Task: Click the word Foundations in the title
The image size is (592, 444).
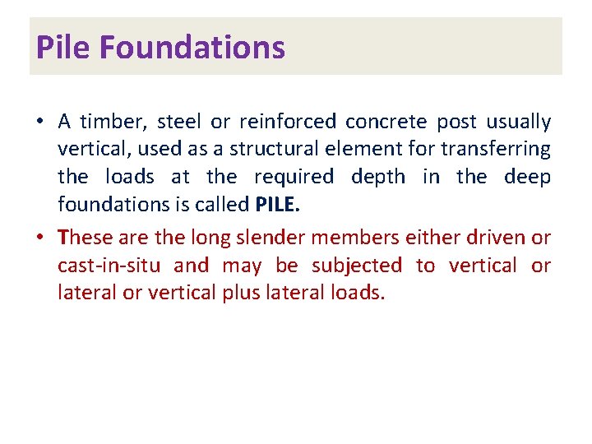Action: (192, 48)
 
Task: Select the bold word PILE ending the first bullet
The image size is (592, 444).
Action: (278, 204)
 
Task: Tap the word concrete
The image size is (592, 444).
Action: (386, 123)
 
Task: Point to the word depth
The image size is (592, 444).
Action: (377, 177)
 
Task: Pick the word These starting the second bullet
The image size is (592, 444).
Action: (86, 238)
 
